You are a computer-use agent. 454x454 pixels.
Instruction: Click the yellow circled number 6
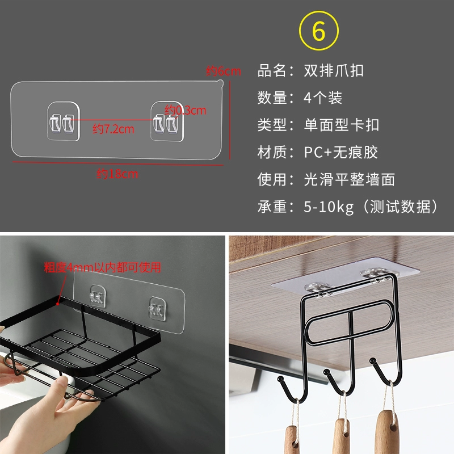318,31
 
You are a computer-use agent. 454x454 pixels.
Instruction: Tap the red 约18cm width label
117,174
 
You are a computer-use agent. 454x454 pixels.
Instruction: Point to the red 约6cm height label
223,71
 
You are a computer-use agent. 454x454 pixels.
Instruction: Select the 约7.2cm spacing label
113,129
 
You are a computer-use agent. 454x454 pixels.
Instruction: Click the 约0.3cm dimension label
186,110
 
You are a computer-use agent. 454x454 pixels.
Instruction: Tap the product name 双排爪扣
334,70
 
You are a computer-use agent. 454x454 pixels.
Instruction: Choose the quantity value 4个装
323,98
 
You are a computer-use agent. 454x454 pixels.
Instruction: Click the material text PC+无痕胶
341,152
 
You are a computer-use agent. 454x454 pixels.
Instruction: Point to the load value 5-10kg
329,207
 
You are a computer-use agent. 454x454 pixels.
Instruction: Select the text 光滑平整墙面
349,179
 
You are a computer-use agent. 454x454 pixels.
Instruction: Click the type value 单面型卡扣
342,125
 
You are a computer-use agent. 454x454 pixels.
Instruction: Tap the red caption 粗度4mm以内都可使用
103,267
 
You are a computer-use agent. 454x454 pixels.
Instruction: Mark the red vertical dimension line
230,120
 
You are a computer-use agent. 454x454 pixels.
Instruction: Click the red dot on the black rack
58,304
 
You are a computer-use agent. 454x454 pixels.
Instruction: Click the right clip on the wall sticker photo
157,309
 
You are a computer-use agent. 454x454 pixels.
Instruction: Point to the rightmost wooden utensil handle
388,432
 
